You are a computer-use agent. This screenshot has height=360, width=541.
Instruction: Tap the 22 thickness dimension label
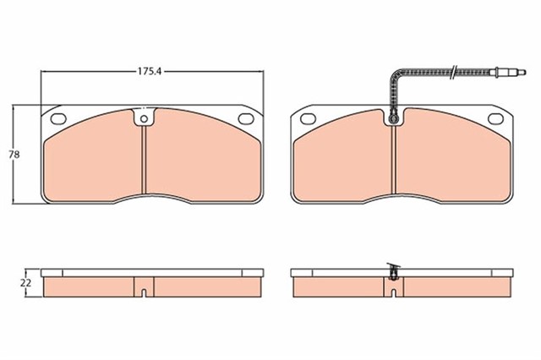(x=26, y=283)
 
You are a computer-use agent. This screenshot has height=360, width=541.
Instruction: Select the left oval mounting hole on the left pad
(x=59, y=117)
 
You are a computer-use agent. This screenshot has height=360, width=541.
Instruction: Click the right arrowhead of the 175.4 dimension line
(x=259, y=73)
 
